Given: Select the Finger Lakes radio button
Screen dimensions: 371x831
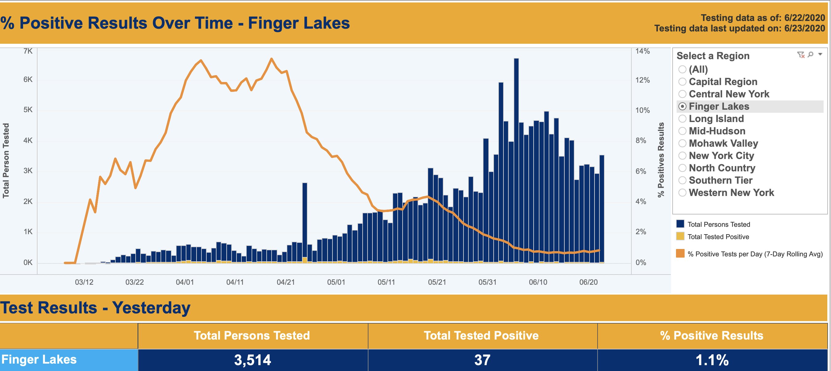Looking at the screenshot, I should pyautogui.click(x=682, y=106).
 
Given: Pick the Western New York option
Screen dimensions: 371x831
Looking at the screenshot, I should pyautogui.click(x=682, y=193).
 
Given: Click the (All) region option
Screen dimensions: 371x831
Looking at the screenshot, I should pyautogui.click(x=682, y=69).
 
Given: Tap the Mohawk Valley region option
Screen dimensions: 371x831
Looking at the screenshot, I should pyautogui.click(x=682, y=143).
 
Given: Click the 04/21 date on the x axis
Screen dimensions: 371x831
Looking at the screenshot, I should pyautogui.click(x=285, y=282).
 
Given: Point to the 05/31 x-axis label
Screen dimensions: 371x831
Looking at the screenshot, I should pyautogui.click(x=487, y=282).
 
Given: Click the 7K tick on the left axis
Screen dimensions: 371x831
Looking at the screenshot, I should pyautogui.click(x=28, y=51).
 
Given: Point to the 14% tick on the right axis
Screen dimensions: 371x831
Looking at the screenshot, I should pyautogui.click(x=642, y=51).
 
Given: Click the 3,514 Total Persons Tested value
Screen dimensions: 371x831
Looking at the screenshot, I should pyautogui.click(x=252, y=360).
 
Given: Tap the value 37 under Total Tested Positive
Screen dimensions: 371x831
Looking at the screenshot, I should pyautogui.click(x=482, y=360).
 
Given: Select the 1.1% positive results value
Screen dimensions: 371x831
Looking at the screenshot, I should pyautogui.click(x=712, y=360).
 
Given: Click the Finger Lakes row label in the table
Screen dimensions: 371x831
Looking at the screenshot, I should pyautogui.click(x=39, y=359).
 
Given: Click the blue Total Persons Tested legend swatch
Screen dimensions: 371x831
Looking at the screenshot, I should pyautogui.click(x=680, y=224).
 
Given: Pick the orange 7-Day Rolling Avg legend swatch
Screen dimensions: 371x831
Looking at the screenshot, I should pyautogui.click(x=680, y=253).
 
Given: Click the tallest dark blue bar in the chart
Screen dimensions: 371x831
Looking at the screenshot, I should pyautogui.click(x=516, y=161).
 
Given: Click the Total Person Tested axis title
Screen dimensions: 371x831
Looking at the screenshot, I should pyautogui.click(x=6, y=161).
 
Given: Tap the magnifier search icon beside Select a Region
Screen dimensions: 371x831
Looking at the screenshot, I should pyautogui.click(x=810, y=55).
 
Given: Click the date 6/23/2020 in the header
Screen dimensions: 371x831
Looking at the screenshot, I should pyautogui.click(x=804, y=28).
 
